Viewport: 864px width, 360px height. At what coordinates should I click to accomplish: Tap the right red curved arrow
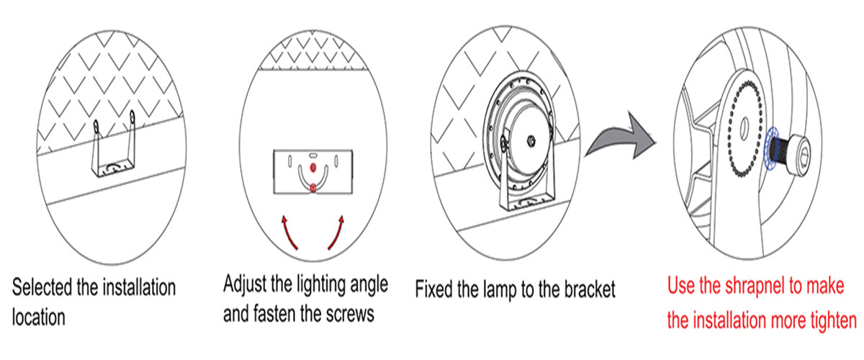(336, 233)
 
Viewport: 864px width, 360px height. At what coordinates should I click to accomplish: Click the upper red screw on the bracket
(313, 168)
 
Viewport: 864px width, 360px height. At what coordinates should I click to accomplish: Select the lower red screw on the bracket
(313, 188)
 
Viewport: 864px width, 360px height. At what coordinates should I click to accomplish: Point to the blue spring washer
(770, 148)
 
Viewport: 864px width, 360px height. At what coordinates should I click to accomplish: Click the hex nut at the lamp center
(531, 141)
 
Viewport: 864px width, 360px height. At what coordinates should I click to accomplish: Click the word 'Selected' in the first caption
(42, 287)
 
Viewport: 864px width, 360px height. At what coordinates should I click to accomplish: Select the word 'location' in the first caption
(39, 318)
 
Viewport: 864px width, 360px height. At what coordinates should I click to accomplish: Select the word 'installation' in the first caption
(139, 287)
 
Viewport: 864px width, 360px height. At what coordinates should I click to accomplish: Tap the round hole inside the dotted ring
(744, 130)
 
